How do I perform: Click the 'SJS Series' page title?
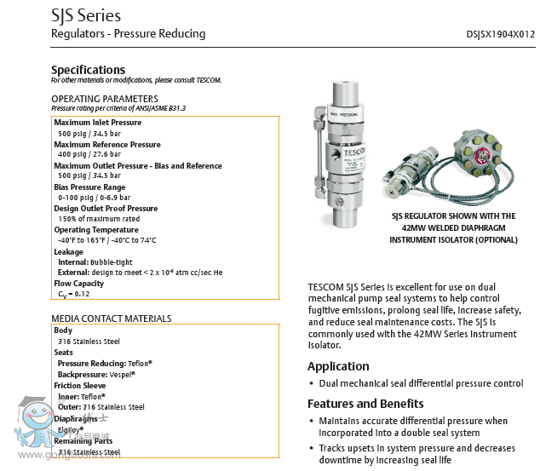coord(86,15)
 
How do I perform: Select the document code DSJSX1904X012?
coord(501,34)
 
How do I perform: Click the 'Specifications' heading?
coord(88,70)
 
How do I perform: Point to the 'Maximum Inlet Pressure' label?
coord(98,123)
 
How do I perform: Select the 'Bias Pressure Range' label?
coord(89,187)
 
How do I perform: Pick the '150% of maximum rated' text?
coord(98,219)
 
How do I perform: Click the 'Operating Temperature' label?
coord(96,230)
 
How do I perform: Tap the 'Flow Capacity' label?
coord(78,283)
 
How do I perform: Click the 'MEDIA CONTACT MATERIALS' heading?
coord(111,319)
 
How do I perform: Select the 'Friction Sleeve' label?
coord(80,386)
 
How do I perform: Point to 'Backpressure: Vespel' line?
coord(95,374)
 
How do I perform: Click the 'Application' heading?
coord(338,367)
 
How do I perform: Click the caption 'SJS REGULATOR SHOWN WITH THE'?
coord(453,216)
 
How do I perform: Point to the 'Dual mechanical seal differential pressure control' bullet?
coord(421,384)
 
